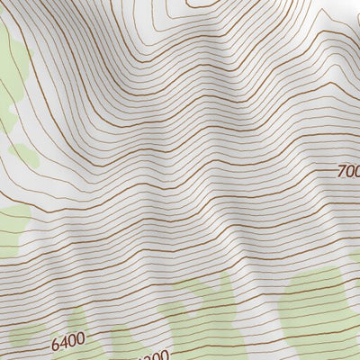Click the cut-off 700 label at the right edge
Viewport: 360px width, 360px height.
click(x=348, y=170)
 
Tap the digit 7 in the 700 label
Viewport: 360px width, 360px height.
click(x=341, y=171)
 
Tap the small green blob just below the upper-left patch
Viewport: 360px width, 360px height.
click(x=25, y=155)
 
